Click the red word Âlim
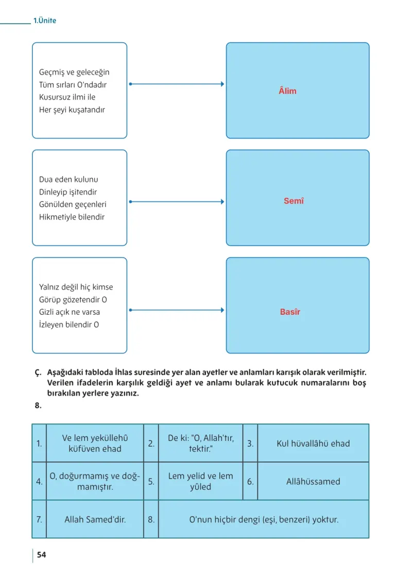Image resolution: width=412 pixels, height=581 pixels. [287, 91]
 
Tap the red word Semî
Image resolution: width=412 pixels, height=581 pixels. [294, 200]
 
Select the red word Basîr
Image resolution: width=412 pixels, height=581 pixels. [290, 312]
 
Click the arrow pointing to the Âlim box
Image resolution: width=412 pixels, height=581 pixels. [177, 84]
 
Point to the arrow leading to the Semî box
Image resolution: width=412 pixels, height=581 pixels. [177, 202]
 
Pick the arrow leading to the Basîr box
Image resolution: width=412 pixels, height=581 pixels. [177, 310]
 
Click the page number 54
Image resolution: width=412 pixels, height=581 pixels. [42, 555]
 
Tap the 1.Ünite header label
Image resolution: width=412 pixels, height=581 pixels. [45, 21]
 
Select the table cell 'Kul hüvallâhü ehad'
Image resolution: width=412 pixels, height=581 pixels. [313, 443]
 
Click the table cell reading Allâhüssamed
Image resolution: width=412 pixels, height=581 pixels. [313, 481]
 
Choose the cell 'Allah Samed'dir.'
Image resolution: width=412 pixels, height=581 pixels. [95, 519]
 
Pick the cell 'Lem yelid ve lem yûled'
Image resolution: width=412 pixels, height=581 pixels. [200, 481]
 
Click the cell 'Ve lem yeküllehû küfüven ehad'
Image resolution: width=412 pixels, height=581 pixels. [95, 443]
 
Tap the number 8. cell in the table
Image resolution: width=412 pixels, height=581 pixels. [151, 519]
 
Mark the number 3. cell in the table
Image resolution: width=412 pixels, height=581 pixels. [250, 443]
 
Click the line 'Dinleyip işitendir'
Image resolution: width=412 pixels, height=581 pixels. [68, 192]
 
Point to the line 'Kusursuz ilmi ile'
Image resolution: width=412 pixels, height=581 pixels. [67, 97]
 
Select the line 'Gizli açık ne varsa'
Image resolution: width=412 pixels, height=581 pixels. [70, 312]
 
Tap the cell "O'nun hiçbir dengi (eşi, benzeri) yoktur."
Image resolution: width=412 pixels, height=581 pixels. [264, 519]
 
